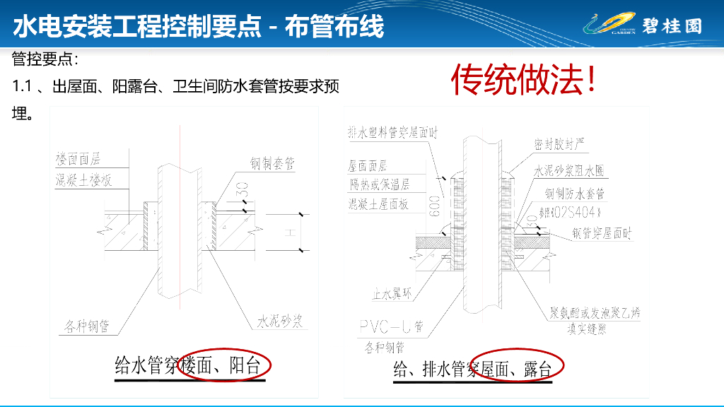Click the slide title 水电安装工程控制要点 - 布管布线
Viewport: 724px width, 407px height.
[x=199, y=26]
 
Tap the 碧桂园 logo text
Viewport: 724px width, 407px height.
[x=672, y=25]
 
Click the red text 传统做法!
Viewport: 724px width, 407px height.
[x=523, y=81]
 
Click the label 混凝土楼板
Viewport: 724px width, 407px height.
[x=84, y=179]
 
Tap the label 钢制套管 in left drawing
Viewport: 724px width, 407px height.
[x=271, y=164]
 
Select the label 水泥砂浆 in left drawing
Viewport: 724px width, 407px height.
[x=279, y=322]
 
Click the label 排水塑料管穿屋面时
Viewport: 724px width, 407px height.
[x=393, y=132]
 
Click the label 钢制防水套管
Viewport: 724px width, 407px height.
[x=574, y=193]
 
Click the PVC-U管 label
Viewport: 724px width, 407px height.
[x=390, y=326]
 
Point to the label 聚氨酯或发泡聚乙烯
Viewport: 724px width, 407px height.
[x=595, y=314]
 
